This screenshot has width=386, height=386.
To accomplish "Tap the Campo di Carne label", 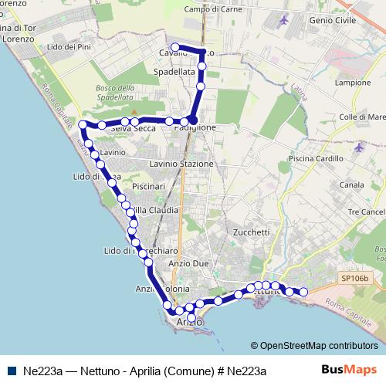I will pos(213,9).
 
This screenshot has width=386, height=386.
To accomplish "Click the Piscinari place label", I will pos(149,187).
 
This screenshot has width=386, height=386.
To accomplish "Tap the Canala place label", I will pos(351,185).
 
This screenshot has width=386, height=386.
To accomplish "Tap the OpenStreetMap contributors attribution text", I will pos(314,346).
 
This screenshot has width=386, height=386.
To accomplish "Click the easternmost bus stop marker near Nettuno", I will pos(303,292).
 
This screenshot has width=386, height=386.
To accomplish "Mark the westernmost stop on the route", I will pos(83,124).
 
